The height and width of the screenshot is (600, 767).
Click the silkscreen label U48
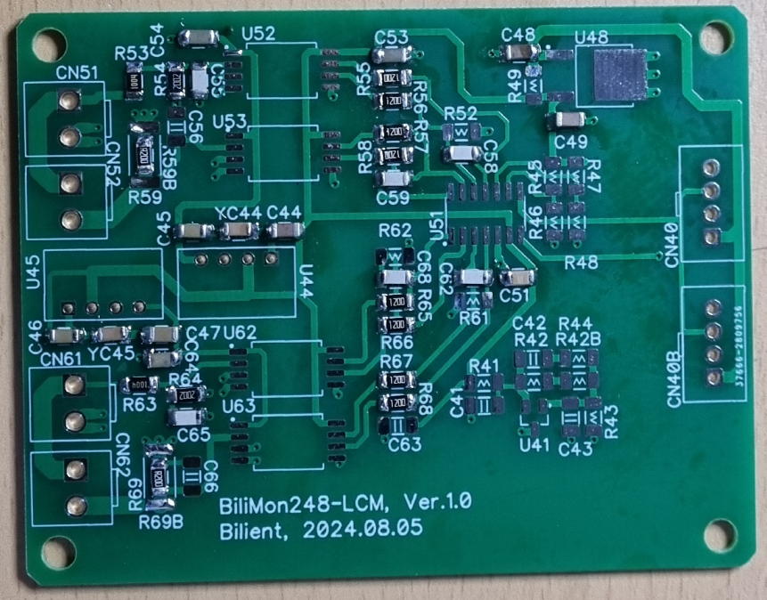pos(592,37)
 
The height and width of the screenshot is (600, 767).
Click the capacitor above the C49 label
pos(568,119)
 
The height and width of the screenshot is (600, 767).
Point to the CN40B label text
pos(674,377)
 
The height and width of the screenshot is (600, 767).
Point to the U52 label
pos(257,33)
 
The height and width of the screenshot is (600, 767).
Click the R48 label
pos(581,262)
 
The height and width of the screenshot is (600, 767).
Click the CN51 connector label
pos(77,72)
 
